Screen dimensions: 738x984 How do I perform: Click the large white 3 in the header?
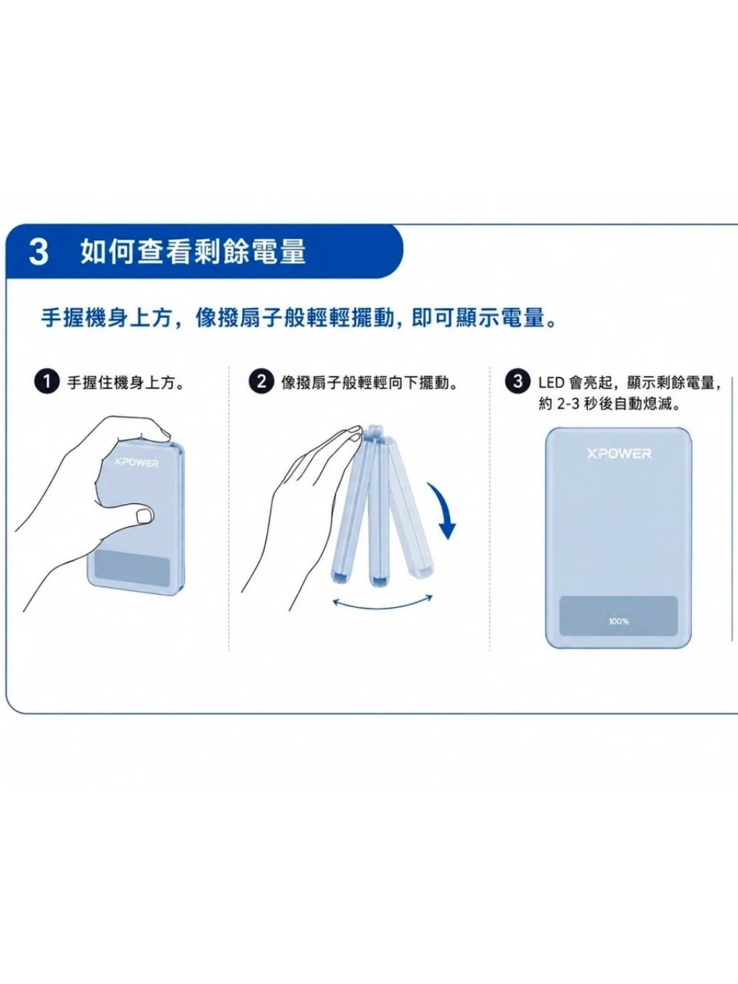(38, 252)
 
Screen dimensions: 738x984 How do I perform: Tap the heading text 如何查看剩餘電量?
(193, 252)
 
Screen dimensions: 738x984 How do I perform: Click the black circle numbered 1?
(47, 383)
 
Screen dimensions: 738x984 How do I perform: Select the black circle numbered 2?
(262, 382)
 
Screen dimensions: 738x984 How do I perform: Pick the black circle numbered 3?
(518, 382)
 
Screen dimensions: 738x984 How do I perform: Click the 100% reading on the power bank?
(618, 621)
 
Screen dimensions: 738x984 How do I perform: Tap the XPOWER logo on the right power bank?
(618, 454)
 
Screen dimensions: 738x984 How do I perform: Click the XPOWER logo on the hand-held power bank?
(136, 463)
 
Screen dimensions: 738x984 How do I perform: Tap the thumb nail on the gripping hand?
(144, 515)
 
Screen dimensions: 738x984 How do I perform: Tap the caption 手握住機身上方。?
(126, 384)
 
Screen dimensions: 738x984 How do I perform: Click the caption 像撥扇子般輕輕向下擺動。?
(370, 384)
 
